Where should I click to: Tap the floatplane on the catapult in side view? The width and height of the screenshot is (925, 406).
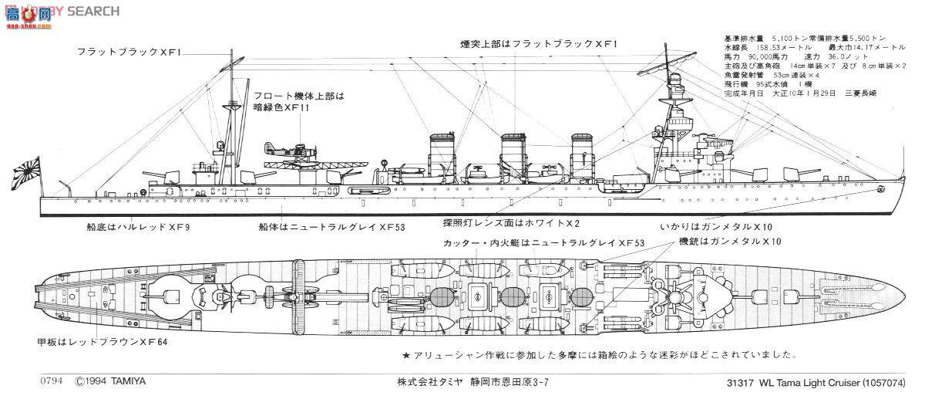point(288,152)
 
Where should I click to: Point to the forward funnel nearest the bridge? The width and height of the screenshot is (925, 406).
point(583,156)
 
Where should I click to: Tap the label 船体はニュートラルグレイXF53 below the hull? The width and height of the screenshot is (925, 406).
point(332,228)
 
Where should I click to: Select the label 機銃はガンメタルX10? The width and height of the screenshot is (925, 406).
point(729,242)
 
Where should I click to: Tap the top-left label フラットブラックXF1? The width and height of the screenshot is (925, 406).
point(128,52)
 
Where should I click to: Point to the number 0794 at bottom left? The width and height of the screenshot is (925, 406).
point(52,381)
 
